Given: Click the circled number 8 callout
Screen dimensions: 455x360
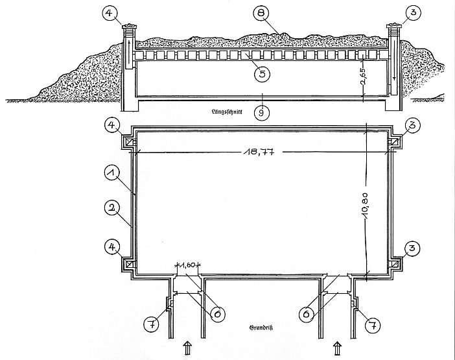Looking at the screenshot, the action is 261,14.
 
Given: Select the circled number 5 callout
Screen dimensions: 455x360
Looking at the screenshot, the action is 262,74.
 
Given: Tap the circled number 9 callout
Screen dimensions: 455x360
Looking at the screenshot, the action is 261,113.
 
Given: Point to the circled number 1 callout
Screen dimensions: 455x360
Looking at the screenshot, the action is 112,173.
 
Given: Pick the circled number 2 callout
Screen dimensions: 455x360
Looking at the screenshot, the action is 112,208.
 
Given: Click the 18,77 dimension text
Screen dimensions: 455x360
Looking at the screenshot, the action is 259,152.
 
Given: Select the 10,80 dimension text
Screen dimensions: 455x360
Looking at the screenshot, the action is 365,205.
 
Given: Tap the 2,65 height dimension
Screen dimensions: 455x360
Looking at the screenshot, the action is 363,76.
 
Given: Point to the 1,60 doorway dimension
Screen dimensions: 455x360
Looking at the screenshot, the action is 188,265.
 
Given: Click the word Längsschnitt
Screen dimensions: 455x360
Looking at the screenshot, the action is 227,111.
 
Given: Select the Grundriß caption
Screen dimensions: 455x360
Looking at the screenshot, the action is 261,328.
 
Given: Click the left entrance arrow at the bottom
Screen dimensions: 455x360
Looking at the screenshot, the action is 187,348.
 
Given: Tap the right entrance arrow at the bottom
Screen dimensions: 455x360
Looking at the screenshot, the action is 337,348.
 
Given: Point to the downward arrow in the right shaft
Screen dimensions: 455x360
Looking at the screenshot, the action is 394,67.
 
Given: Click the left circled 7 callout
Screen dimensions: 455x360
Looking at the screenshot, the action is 152,324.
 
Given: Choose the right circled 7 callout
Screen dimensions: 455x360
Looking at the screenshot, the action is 373,326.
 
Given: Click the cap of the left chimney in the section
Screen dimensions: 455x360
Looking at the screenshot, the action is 129,27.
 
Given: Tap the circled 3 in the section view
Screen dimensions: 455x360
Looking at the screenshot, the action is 413,13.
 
